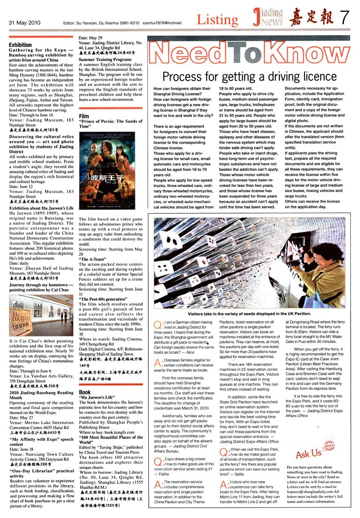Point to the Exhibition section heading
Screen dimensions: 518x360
[x=20, y=45]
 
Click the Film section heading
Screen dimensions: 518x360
[x=84, y=116]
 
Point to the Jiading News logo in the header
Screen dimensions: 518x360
[x=267, y=18]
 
